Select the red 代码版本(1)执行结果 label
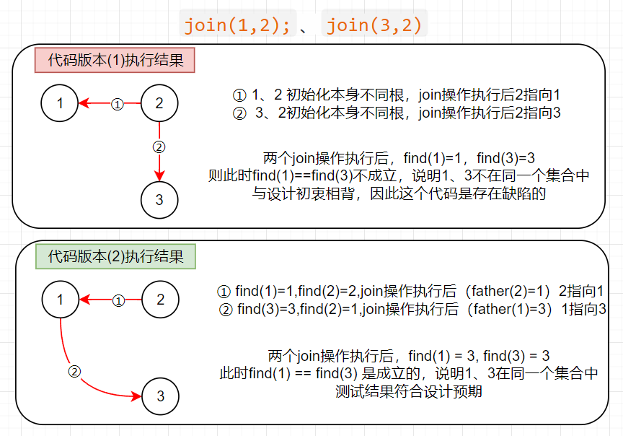(115, 60)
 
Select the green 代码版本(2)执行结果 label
(115, 256)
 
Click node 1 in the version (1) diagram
(61, 103)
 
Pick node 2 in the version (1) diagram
(159, 103)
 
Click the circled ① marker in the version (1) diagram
(118, 104)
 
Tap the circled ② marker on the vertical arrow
(159, 147)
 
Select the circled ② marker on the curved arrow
(74, 372)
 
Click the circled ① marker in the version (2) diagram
(119, 300)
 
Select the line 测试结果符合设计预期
(409, 392)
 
